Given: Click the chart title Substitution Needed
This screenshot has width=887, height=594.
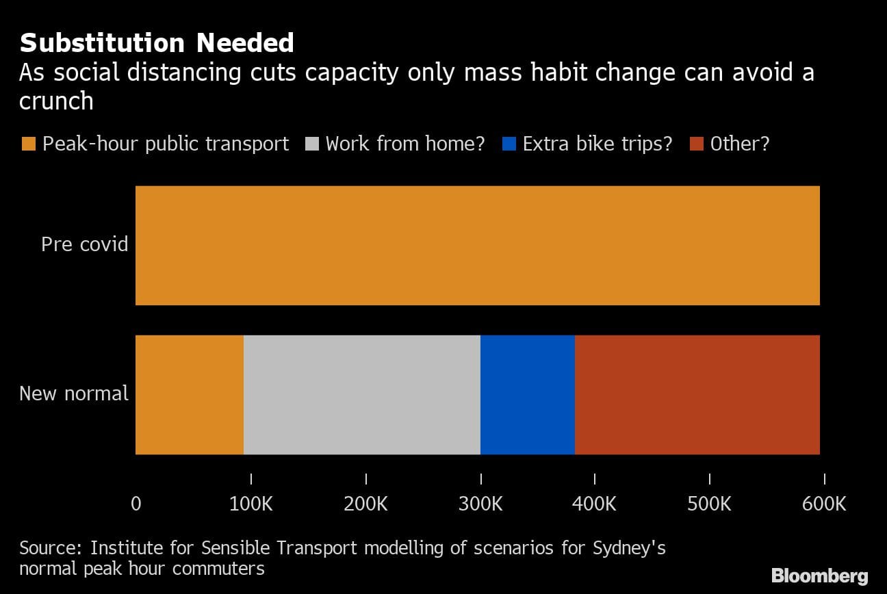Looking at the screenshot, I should pos(157,43).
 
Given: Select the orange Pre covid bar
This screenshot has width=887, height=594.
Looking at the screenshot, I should pos(477,245).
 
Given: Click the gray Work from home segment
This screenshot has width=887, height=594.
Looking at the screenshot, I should pos(361,394).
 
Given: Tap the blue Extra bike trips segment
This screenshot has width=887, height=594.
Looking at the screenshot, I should pos(527,394).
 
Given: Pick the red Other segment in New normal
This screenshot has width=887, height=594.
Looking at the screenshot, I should pos(697,394).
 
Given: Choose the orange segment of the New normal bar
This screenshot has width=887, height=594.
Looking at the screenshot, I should pos(190,394).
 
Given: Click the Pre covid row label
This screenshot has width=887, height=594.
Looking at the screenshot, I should pos(84,244).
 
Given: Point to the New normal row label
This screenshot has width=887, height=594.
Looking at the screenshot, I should pos(74,393).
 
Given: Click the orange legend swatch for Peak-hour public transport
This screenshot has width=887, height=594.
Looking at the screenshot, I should pos(28,144).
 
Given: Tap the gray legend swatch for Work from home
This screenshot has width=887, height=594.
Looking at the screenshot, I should pos(311,144).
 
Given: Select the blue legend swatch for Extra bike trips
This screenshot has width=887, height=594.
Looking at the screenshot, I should pos(509,144).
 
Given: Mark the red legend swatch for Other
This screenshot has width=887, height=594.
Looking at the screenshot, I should pos(696,144).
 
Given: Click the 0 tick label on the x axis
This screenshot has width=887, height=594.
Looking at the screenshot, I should pos(136,504).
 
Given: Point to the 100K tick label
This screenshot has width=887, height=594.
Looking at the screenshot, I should pos(250,504).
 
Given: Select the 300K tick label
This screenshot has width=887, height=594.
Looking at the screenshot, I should pos(480,504).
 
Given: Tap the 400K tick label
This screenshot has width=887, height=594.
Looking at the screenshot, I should pos(594,504).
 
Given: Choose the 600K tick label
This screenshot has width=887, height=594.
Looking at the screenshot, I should pos(824,504).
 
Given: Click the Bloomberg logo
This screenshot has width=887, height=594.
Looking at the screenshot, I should pos(819,575).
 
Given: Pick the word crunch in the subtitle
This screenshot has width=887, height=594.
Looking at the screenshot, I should pos(56,101).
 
